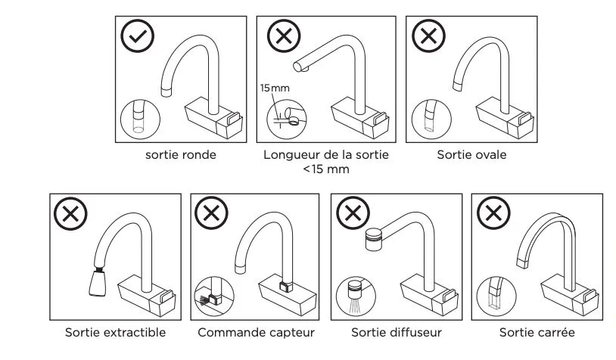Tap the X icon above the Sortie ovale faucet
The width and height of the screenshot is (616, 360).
(427, 35)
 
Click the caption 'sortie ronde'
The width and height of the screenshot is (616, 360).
(181, 155)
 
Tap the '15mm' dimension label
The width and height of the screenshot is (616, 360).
(275, 89)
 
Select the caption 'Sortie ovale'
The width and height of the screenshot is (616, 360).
(471, 155)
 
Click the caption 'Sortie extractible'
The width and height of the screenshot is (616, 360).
(115, 333)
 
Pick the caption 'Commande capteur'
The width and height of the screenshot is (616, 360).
(256, 333)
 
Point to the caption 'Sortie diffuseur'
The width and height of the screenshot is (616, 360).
(397, 333)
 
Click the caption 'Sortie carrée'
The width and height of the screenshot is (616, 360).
(537, 333)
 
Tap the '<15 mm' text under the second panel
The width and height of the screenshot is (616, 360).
(326, 170)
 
